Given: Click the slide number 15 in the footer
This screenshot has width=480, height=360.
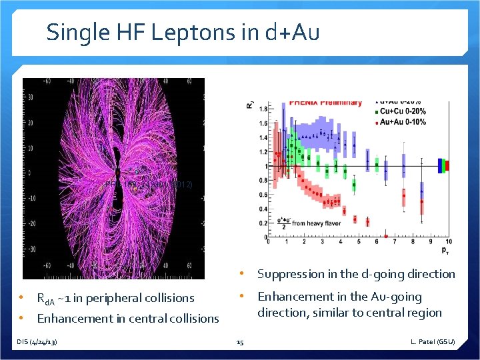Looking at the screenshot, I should pyautogui.click(x=240, y=342).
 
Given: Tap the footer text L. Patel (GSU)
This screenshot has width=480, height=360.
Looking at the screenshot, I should pyautogui.click(x=433, y=342).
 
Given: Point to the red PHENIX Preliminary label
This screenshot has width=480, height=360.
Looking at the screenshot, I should pyautogui.click(x=323, y=103).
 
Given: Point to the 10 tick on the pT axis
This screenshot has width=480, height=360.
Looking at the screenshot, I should pyautogui.click(x=449, y=242).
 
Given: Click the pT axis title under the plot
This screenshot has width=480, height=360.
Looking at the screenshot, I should pyautogui.click(x=445, y=251).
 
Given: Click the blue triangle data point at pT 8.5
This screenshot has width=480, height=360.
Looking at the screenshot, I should pyautogui.click(x=421, y=191).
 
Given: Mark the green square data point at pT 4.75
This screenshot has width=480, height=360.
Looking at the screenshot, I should pyautogui.click(x=355, y=185).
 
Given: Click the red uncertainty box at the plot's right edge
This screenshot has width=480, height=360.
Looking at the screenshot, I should pyautogui.click(x=447, y=165).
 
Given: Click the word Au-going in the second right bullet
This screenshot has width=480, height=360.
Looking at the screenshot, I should pyautogui.click(x=395, y=297).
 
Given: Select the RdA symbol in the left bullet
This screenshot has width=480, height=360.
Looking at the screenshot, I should pyautogui.click(x=46, y=299).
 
